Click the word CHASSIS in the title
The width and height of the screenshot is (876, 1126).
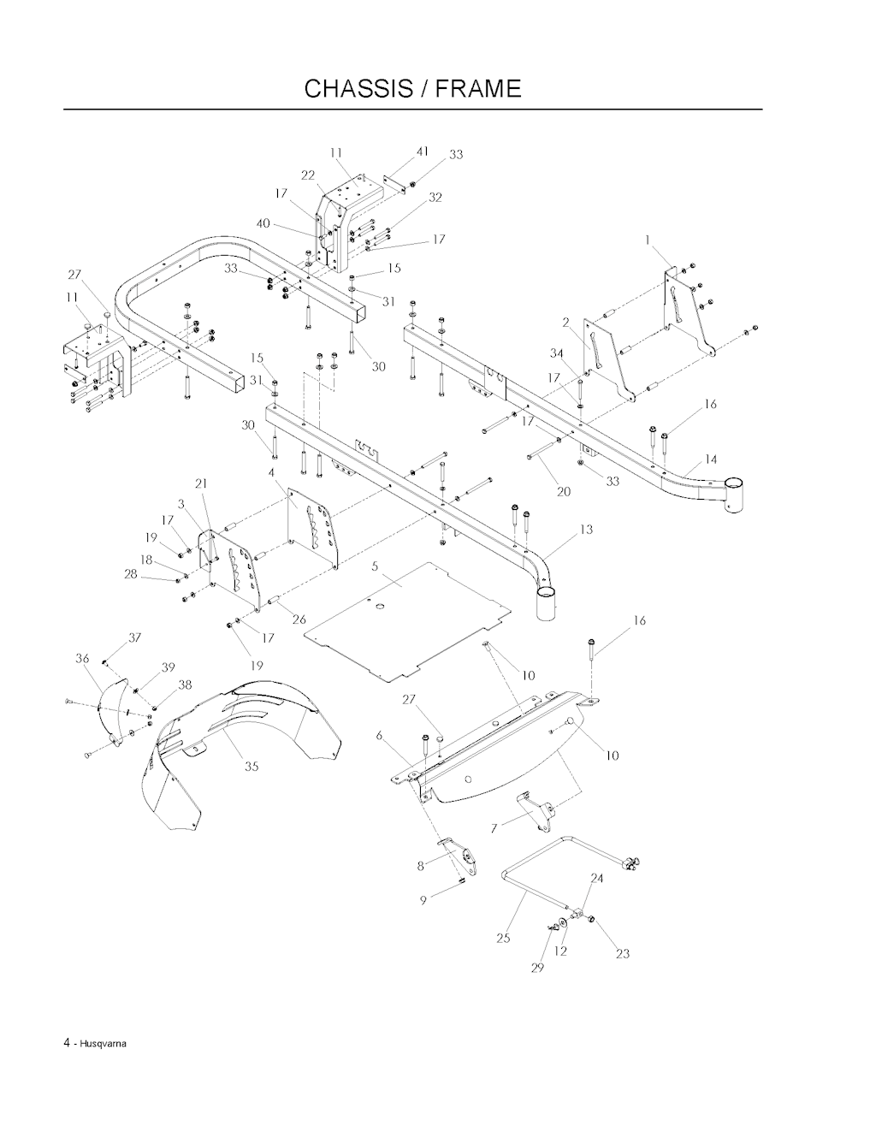tap(358, 89)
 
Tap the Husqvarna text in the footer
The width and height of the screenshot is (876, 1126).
tap(101, 1044)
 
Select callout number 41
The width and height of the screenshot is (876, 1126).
tap(423, 151)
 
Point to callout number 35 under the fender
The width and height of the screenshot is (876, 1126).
tap(252, 766)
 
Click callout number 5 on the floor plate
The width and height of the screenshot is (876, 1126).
tap(375, 566)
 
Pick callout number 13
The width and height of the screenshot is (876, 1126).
tap(586, 530)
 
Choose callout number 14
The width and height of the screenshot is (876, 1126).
tap(711, 459)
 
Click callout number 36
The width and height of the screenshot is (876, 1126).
tap(82, 659)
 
